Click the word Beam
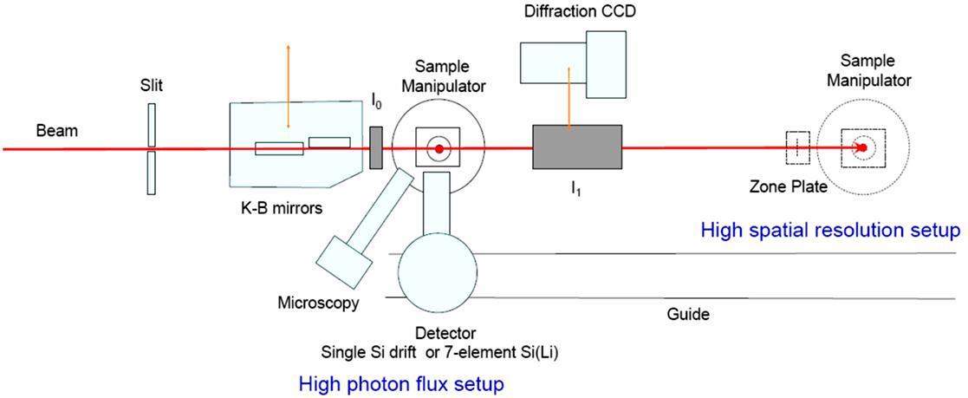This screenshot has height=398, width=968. (x=56, y=132)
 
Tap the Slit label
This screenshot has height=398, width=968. (x=152, y=86)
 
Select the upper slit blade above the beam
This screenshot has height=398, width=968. (x=152, y=124)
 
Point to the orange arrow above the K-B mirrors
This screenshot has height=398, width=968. (x=289, y=69)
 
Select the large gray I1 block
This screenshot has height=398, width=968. (x=576, y=146)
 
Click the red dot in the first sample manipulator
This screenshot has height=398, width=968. (x=439, y=149)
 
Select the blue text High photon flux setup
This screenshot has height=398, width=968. (x=400, y=382)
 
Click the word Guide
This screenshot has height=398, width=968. (x=689, y=314)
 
